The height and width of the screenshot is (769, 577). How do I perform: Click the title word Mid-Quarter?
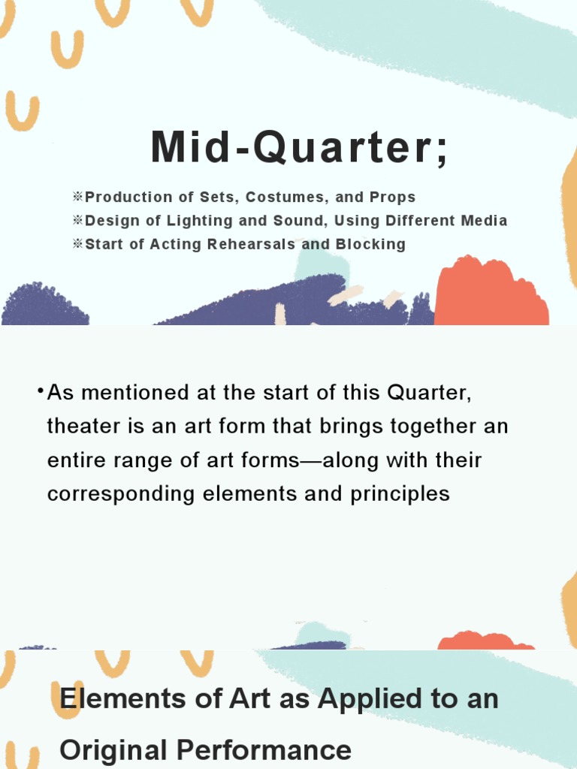point(300,147)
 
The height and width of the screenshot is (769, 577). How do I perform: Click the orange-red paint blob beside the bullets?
point(490,293)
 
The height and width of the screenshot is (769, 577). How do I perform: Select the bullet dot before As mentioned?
point(39,391)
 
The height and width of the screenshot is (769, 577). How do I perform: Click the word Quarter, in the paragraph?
point(429,393)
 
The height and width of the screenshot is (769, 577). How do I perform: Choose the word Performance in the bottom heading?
point(269,750)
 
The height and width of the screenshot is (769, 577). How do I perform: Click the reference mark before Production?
point(77,198)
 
